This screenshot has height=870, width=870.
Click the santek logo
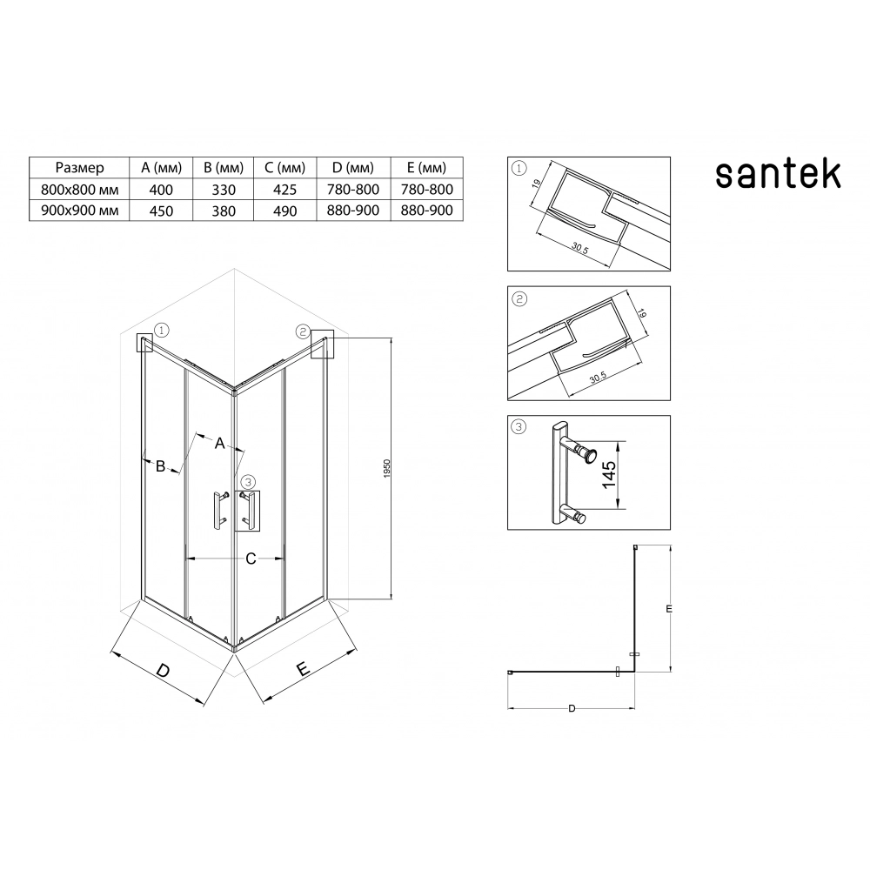(x=778, y=174)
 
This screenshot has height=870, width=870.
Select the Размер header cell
(x=79, y=168)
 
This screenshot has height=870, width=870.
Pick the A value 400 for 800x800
(x=161, y=190)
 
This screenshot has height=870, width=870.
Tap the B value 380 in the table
(x=224, y=211)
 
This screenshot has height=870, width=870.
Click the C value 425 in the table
(x=284, y=190)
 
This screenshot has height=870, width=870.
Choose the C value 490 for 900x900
(x=284, y=211)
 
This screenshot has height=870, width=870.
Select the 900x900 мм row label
(x=80, y=211)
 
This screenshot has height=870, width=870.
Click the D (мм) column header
(x=353, y=168)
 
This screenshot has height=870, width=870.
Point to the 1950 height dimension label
(x=387, y=469)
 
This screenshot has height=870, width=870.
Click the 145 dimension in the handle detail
(x=609, y=474)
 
